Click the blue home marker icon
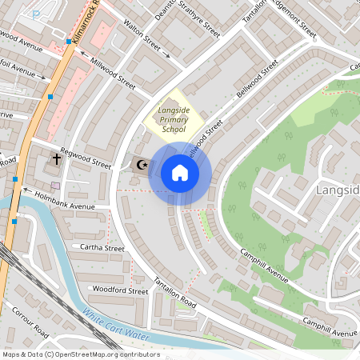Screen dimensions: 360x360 point(179,173)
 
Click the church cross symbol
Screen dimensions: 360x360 point(57,159)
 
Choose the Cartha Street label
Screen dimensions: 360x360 point(102,248)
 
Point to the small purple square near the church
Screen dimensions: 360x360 point(55,186)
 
